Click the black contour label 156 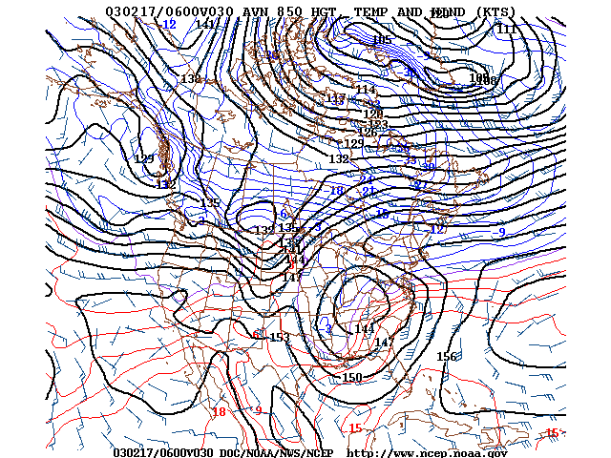(x=447, y=357)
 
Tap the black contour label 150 (x=352, y=378)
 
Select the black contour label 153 (x=279, y=338)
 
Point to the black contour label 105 (x=382, y=40)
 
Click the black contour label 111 (x=506, y=30)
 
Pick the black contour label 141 (x=205, y=25)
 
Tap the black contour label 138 (x=191, y=79)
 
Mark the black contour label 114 (x=366, y=91)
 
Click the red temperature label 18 (x=219, y=412)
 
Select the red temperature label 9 (x=258, y=410)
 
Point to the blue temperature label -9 (x=501, y=232)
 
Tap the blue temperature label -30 (x=428, y=168)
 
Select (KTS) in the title (x=493, y=12)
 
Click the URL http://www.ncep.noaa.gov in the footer (x=427, y=452)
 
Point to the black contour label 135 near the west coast (x=210, y=203)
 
